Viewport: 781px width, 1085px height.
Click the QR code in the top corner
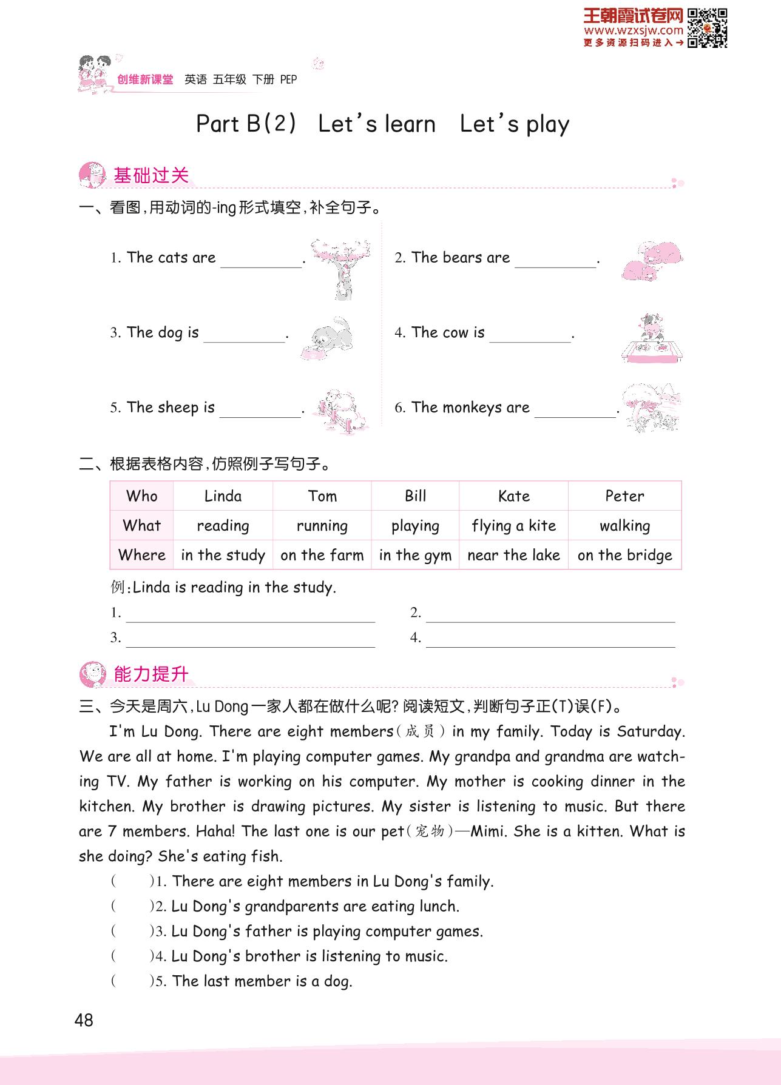pos(708,28)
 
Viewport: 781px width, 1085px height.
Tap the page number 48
pos(84,1020)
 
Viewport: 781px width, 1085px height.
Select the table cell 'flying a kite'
pos(513,525)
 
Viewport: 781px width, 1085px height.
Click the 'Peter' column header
pos(624,496)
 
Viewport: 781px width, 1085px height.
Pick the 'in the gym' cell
pos(415,555)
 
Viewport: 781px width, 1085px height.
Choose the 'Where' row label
pos(142,555)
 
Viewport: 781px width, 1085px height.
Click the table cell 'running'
pos(322,525)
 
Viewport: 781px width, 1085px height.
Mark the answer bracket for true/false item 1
pos(131,881)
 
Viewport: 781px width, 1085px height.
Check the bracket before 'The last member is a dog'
pos(131,981)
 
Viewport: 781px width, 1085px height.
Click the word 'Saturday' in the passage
pos(650,731)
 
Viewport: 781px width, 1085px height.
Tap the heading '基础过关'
pos(151,176)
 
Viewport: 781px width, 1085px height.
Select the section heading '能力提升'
pos(151,674)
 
